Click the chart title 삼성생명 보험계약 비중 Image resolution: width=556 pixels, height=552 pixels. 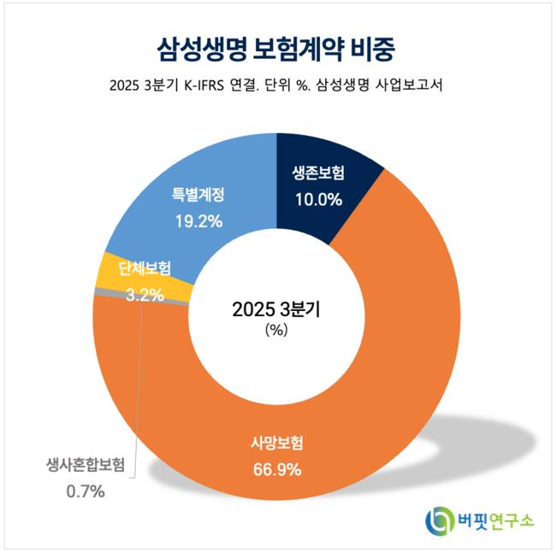[x=277, y=48]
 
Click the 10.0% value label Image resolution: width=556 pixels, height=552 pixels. [x=313, y=200]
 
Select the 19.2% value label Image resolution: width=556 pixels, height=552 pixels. [x=198, y=220]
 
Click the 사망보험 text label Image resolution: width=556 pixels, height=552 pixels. [x=277, y=443]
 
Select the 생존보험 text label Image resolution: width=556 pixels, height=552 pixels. [x=313, y=173]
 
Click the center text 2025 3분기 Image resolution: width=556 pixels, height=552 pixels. [x=276, y=310]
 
